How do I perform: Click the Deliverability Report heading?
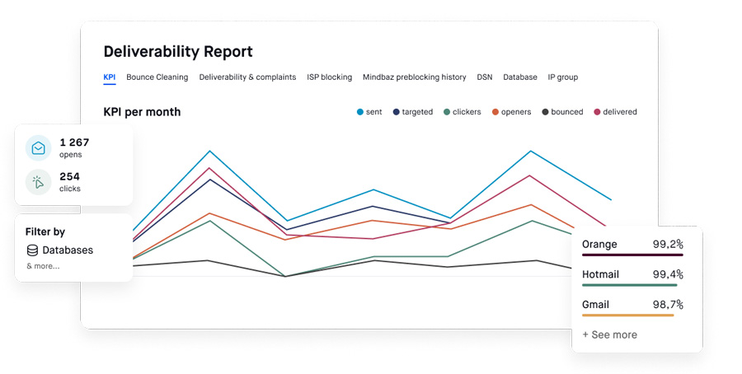point(178,51)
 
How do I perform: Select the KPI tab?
point(110,77)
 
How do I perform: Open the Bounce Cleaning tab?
point(157,77)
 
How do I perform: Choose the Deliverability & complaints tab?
point(247,77)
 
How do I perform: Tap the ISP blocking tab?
point(329,77)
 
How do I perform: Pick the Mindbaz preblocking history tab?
point(414,77)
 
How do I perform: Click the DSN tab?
point(484,77)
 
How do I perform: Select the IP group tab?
point(562,77)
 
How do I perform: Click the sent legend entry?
point(371,112)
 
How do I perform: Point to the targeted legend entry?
point(412,112)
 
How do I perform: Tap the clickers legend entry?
point(462,112)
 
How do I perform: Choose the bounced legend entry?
point(561,112)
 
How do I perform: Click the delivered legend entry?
point(615,112)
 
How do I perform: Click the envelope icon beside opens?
point(38,148)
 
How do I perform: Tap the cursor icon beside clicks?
point(38,182)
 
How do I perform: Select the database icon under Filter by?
point(32,250)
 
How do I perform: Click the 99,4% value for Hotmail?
point(667,274)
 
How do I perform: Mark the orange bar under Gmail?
point(627,316)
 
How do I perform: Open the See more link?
point(609,335)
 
